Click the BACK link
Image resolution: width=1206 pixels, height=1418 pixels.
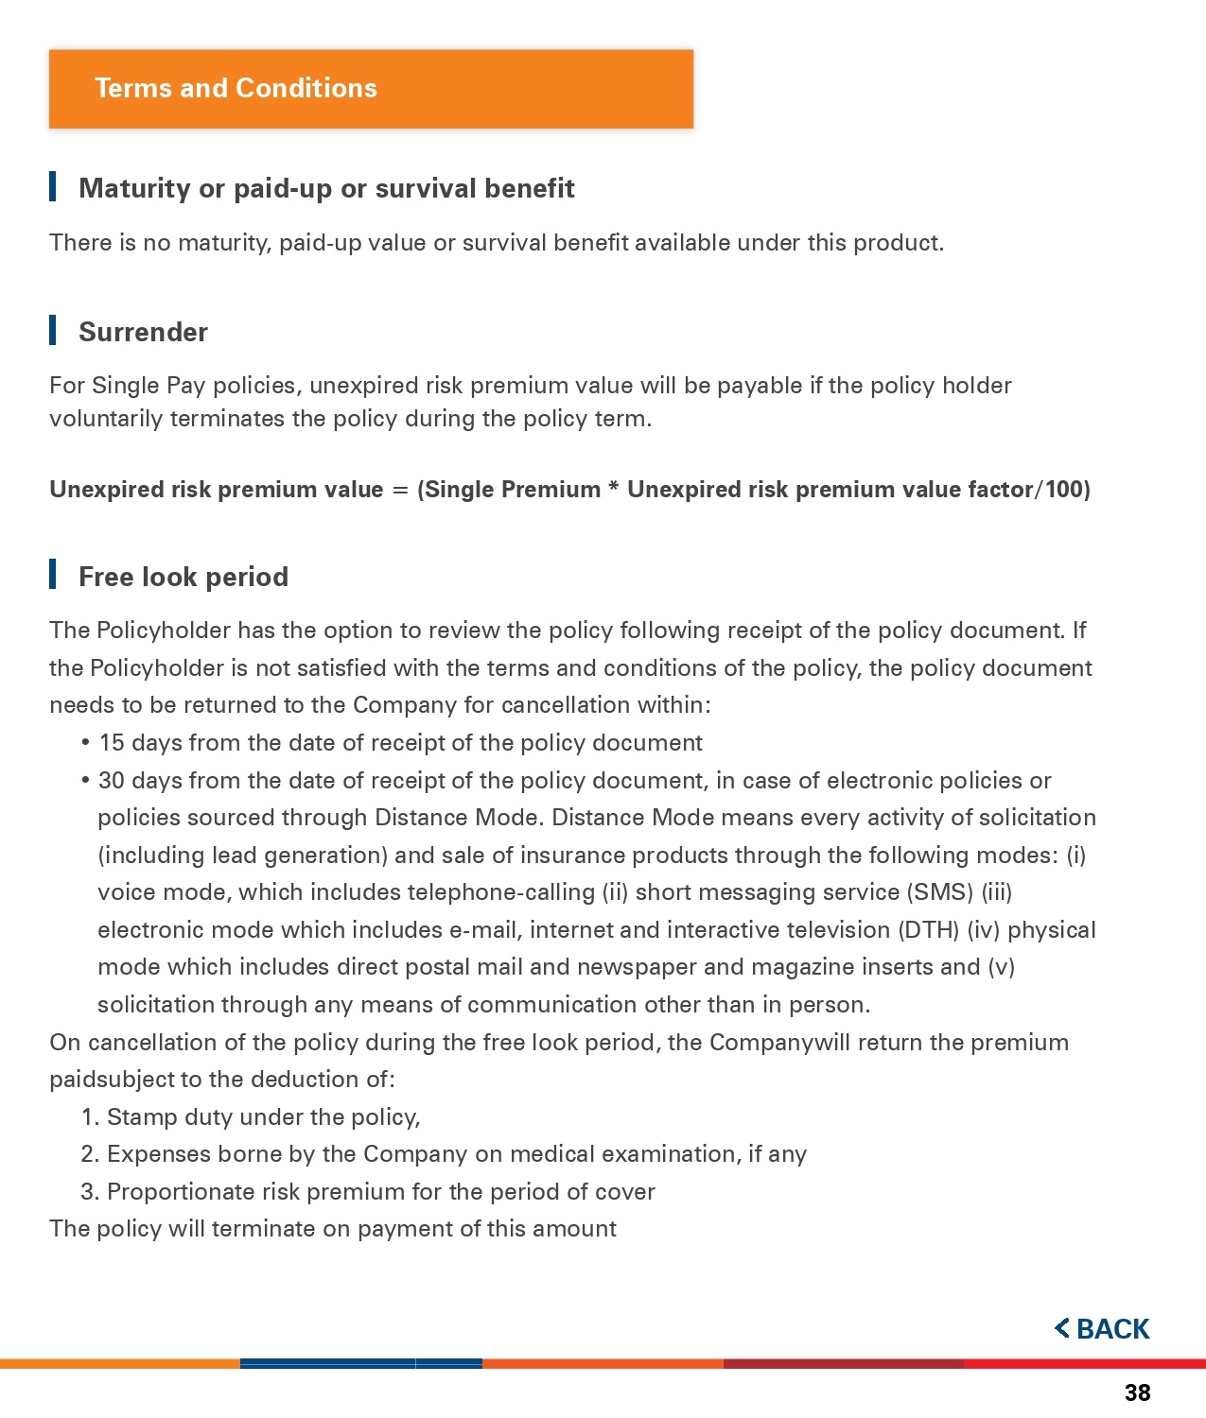pos(1103,1328)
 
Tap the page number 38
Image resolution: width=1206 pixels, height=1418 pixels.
pos(1137,1392)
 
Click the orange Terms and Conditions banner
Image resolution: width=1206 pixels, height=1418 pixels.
pos(371,89)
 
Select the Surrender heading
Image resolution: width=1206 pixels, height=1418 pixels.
pos(143,332)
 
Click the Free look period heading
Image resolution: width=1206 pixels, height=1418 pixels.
pos(184,577)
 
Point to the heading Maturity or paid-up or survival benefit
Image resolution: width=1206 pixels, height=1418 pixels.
pos(326,188)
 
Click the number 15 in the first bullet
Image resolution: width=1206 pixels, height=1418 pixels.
pos(112,743)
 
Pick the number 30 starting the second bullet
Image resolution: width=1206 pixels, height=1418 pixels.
pos(112,781)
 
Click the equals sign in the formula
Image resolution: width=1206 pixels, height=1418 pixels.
pos(400,490)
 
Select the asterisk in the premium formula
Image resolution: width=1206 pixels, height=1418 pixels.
pos(614,488)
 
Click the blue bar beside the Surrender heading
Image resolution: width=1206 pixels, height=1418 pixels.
pos(53,331)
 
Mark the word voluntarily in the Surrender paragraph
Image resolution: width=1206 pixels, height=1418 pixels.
pos(106,419)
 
